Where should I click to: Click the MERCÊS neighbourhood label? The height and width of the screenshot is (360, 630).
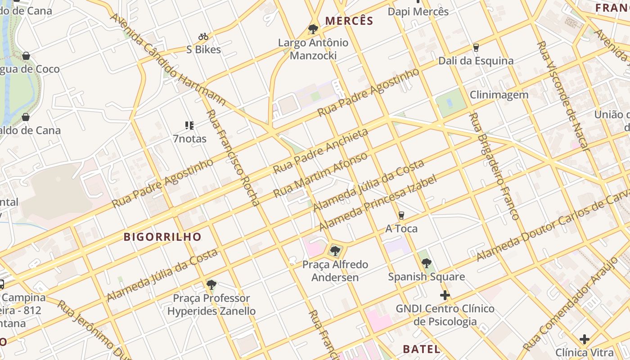click(x=349, y=21)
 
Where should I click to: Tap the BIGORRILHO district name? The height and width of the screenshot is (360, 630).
click(x=162, y=237)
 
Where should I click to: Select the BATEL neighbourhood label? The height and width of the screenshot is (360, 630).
click(x=421, y=349)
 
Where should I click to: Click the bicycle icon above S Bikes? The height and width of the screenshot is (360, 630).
click(x=203, y=36)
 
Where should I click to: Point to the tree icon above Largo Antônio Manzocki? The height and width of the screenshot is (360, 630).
click(x=313, y=30)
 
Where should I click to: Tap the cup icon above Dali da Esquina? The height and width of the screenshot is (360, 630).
click(x=476, y=47)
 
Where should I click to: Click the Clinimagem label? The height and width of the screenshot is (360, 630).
click(x=499, y=95)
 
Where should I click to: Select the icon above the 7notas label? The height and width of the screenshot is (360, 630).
click(x=189, y=126)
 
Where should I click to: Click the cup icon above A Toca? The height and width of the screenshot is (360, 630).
click(x=401, y=216)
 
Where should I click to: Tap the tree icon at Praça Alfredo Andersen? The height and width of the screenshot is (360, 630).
click(x=335, y=251)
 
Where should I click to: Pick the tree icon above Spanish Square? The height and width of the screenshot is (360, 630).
click(x=427, y=263)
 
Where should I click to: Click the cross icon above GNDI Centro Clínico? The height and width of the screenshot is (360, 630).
click(x=445, y=295)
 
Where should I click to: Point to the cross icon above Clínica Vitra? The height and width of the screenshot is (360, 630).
click(x=585, y=339)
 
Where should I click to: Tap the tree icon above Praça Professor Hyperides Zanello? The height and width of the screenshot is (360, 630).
click(x=211, y=284)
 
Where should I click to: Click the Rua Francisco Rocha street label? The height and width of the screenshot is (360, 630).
click(x=233, y=157)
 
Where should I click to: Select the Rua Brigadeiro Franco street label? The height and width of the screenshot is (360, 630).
click(x=494, y=166)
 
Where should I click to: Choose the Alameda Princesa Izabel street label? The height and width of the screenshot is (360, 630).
click(x=378, y=203)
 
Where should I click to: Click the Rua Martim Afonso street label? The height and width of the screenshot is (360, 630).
click(x=320, y=175)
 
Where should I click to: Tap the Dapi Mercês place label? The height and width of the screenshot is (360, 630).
click(x=418, y=11)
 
